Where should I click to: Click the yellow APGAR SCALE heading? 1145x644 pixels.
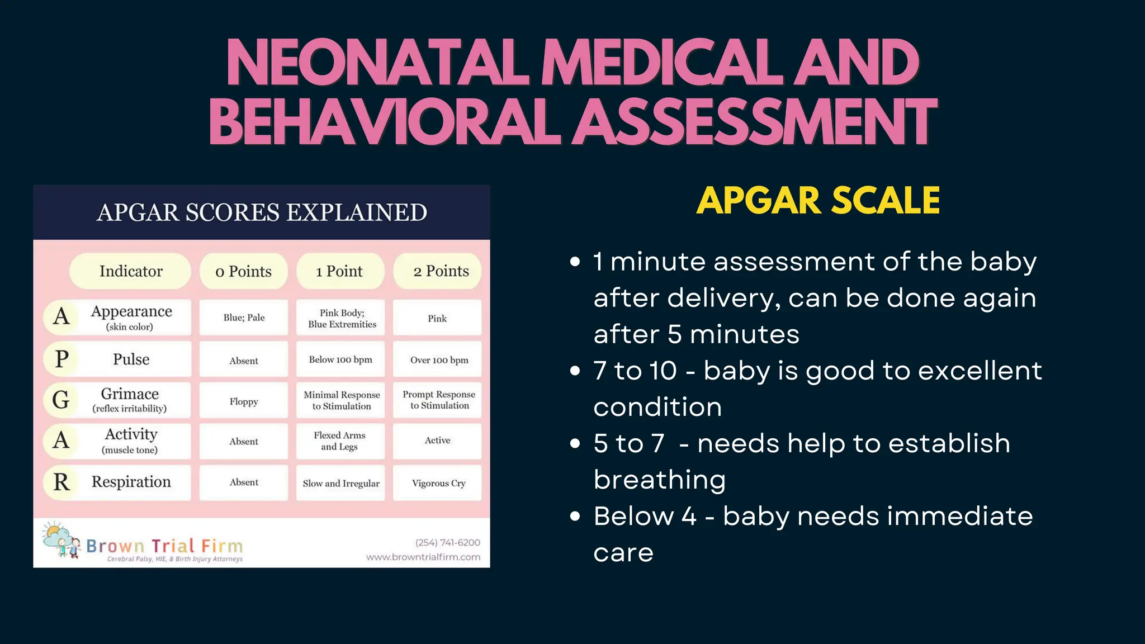pos(818,201)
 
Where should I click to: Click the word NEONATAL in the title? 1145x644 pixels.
pos(377,63)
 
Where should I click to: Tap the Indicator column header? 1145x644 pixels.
pos(131,271)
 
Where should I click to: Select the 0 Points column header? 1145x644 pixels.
pos(244,272)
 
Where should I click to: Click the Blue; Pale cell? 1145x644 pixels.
pos(244,318)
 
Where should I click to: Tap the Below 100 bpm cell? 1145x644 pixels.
pos(340,359)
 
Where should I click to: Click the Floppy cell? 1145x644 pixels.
pos(244,401)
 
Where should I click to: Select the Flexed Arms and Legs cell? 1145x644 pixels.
pos(340,441)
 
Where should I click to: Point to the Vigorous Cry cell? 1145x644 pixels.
pos(438,483)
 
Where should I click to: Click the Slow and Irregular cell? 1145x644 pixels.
pos(340,483)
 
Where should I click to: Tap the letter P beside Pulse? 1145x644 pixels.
pos(61,359)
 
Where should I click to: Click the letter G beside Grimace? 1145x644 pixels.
pos(61,400)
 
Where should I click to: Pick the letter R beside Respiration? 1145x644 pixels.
pos(61,482)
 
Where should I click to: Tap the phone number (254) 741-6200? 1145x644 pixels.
pos(447,542)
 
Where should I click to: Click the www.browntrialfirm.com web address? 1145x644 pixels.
pos(423,557)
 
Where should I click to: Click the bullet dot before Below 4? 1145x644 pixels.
pos(575,516)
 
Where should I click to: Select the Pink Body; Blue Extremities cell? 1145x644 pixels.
pos(342,319)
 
